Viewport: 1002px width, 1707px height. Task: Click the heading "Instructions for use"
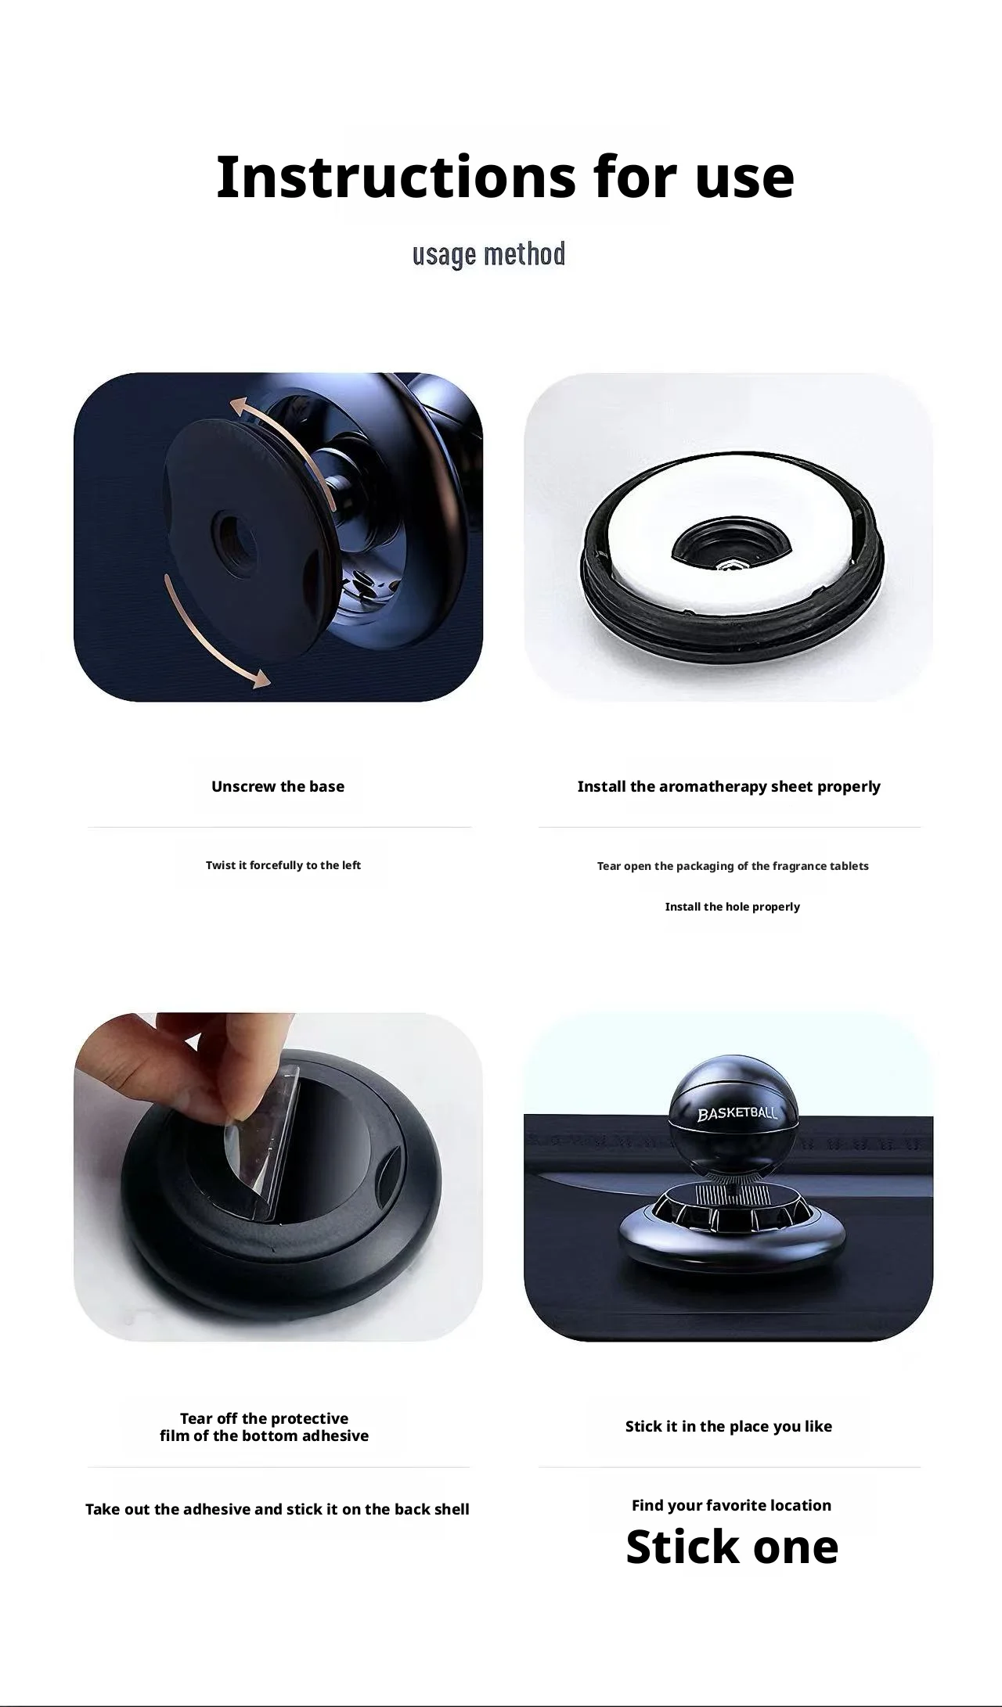tap(505, 177)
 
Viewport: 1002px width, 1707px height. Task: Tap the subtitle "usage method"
tap(488, 254)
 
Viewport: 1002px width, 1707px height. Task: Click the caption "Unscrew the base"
tap(278, 786)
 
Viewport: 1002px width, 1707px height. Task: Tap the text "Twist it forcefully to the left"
tap(283, 865)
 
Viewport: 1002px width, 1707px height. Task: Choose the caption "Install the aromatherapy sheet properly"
tap(729, 786)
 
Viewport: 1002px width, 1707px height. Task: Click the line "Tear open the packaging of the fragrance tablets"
tap(733, 866)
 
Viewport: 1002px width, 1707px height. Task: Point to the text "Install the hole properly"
tap(733, 907)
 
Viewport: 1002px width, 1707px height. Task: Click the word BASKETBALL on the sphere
tap(737, 1112)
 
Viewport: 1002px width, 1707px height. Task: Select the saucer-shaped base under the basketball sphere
tap(732, 1228)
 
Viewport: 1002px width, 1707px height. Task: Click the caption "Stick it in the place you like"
tap(729, 1426)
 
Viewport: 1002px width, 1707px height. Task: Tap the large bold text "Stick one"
tap(732, 1547)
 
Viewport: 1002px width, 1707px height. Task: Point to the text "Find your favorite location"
tap(732, 1505)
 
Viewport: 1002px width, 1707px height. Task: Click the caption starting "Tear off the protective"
tap(264, 1427)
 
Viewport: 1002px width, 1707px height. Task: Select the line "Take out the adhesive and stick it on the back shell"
tap(277, 1509)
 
